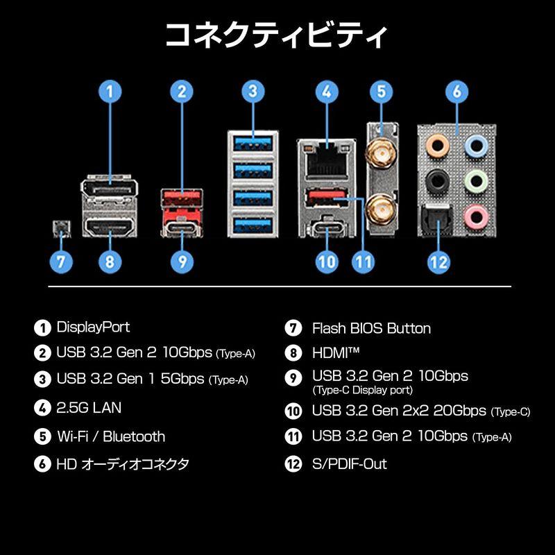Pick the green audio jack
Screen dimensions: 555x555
pyautogui.click(x=475, y=181)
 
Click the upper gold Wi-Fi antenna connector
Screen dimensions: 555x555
pyautogui.click(x=381, y=149)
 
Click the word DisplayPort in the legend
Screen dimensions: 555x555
pyautogui.click(x=93, y=327)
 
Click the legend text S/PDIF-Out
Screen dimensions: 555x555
pyautogui.click(x=350, y=463)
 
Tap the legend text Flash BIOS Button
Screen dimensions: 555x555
pyautogui.click(x=371, y=328)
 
